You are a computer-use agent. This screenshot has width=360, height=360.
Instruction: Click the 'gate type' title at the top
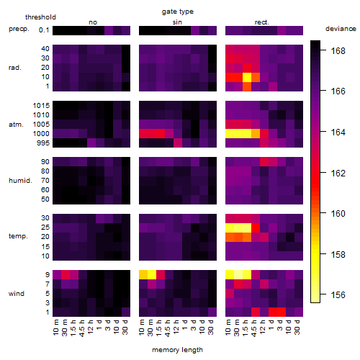click(178, 12)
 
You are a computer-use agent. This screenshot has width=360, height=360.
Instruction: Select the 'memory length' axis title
click(177, 350)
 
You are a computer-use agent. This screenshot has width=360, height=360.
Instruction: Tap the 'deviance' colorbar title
click(341, 29)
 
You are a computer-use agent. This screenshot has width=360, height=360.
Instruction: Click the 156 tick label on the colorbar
click(338, 294)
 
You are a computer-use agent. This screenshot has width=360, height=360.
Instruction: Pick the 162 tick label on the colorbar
click(338, 173)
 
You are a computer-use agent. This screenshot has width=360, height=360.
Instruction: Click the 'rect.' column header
click(261, 22)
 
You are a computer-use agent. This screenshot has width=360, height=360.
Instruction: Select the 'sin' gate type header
click(177, 22)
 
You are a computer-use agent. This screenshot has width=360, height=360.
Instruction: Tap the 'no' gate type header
click(93, 22)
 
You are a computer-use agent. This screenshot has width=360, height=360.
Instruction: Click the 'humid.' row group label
click(20, 181)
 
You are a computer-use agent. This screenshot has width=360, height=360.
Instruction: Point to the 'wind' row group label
click(17, 294)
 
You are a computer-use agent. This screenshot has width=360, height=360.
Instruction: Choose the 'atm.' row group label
click(16, 125)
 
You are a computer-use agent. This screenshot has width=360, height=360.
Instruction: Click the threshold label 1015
click(41, 106)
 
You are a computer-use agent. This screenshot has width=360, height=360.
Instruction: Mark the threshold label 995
click(43, 143)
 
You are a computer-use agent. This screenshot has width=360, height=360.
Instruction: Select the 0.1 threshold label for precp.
click(44, 30)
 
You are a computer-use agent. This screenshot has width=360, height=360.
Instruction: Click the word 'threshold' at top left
click(40, 17)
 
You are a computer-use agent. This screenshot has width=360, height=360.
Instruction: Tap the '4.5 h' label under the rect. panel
click(254, 328)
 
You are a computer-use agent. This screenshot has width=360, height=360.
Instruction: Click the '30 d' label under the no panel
click(125, 328)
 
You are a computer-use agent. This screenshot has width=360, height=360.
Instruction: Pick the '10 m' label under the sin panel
click(142, 328)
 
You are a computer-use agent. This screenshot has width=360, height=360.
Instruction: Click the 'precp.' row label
click(19, 29)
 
